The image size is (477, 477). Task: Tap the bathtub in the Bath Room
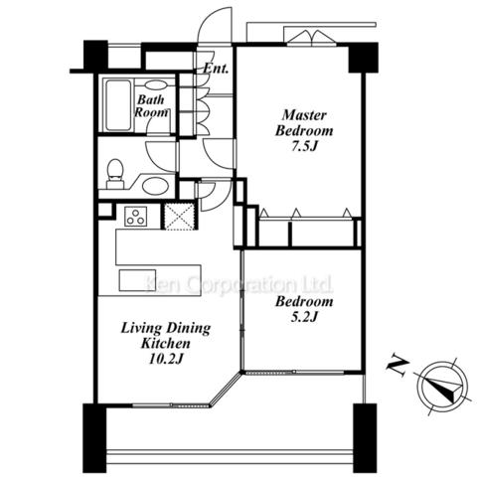point(118,105)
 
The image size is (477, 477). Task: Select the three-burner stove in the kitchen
point(136,216)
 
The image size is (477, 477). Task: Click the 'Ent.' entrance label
point(216,69)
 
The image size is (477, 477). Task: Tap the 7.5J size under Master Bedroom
point(304,146)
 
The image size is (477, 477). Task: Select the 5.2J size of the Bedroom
point(304,317)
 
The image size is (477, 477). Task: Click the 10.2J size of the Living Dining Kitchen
point(166,359)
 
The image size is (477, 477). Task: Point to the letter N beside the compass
point(397,366)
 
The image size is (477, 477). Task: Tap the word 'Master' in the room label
point(304,115)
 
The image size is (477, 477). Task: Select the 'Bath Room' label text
point(151,105)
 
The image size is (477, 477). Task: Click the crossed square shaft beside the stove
point(179,217)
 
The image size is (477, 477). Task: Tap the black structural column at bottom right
point(365,438)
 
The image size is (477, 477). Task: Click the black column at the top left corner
point(95,55)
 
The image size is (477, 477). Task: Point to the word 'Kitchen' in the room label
point(166,343)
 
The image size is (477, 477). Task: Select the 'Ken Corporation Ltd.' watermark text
point(239,285)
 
